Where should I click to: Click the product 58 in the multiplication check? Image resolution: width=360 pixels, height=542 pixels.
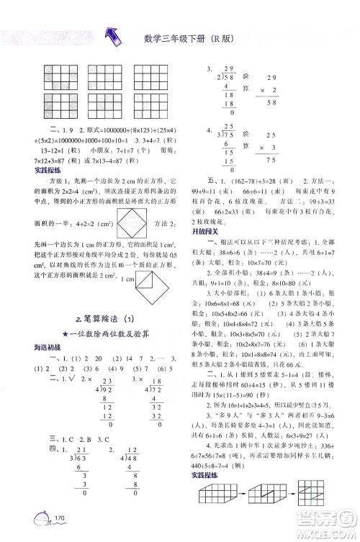pos(253,104)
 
